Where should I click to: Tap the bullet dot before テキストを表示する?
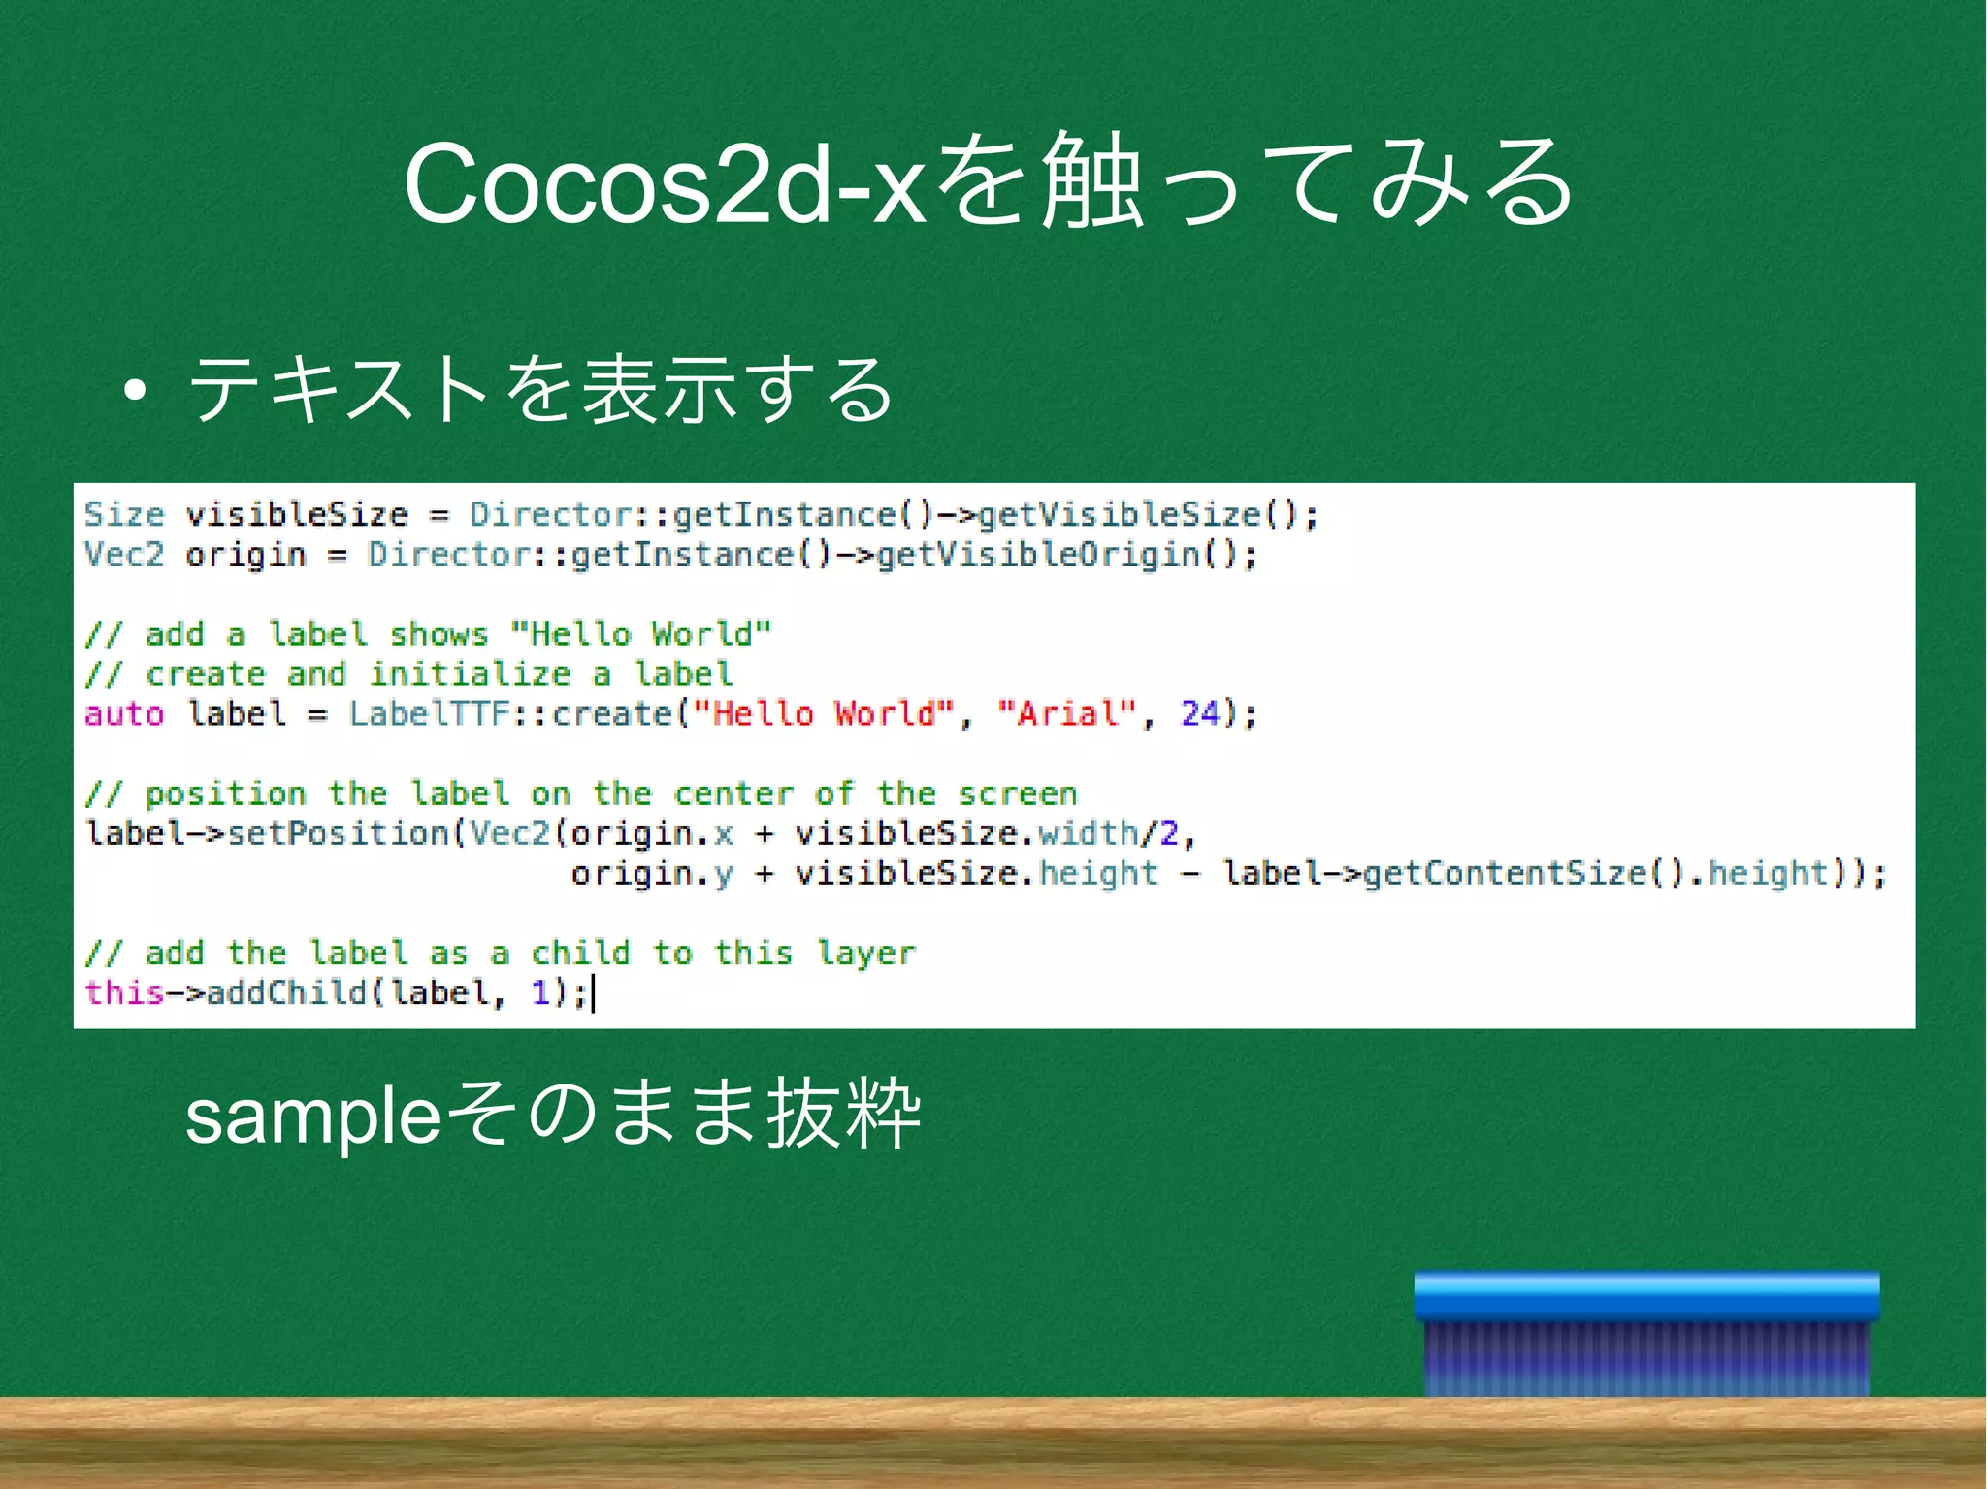(x=135, y=391)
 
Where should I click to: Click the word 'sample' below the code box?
(x=313, y=1117)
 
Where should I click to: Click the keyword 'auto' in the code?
(x=124, y=715)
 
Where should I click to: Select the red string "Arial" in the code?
(x=1067, y=715)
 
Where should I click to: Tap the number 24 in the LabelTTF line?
(x=1200, y=715)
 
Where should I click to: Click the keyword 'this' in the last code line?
(x=124, y=993)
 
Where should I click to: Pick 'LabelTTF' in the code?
(x=430, y=715)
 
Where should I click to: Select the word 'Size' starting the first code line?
(x=124, y=515)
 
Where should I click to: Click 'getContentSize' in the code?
(x=1505, y=874)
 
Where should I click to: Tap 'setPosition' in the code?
(x=338, y=834)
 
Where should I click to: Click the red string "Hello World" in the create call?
(x=824, y=715)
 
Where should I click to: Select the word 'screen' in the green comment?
(x=1018, y=794)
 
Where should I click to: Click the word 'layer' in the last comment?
(x=865, y=954)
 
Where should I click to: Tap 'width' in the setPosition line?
(x=1088, y=834)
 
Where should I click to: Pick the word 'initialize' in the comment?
(x=471, y=675)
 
